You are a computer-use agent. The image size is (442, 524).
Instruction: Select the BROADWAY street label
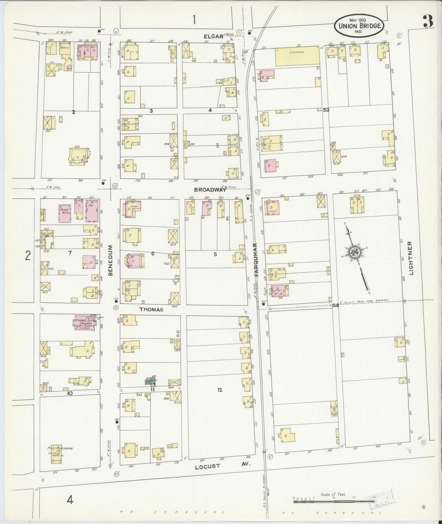pos(210,190)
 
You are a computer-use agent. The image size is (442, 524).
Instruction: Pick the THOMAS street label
pos(151,310)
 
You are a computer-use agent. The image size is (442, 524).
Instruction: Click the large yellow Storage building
pos(297,56)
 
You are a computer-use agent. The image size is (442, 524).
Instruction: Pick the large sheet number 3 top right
pos(427,21)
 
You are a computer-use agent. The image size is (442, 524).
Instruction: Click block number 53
pos(326,110)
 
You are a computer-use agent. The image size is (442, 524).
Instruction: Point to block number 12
pos(219,390)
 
